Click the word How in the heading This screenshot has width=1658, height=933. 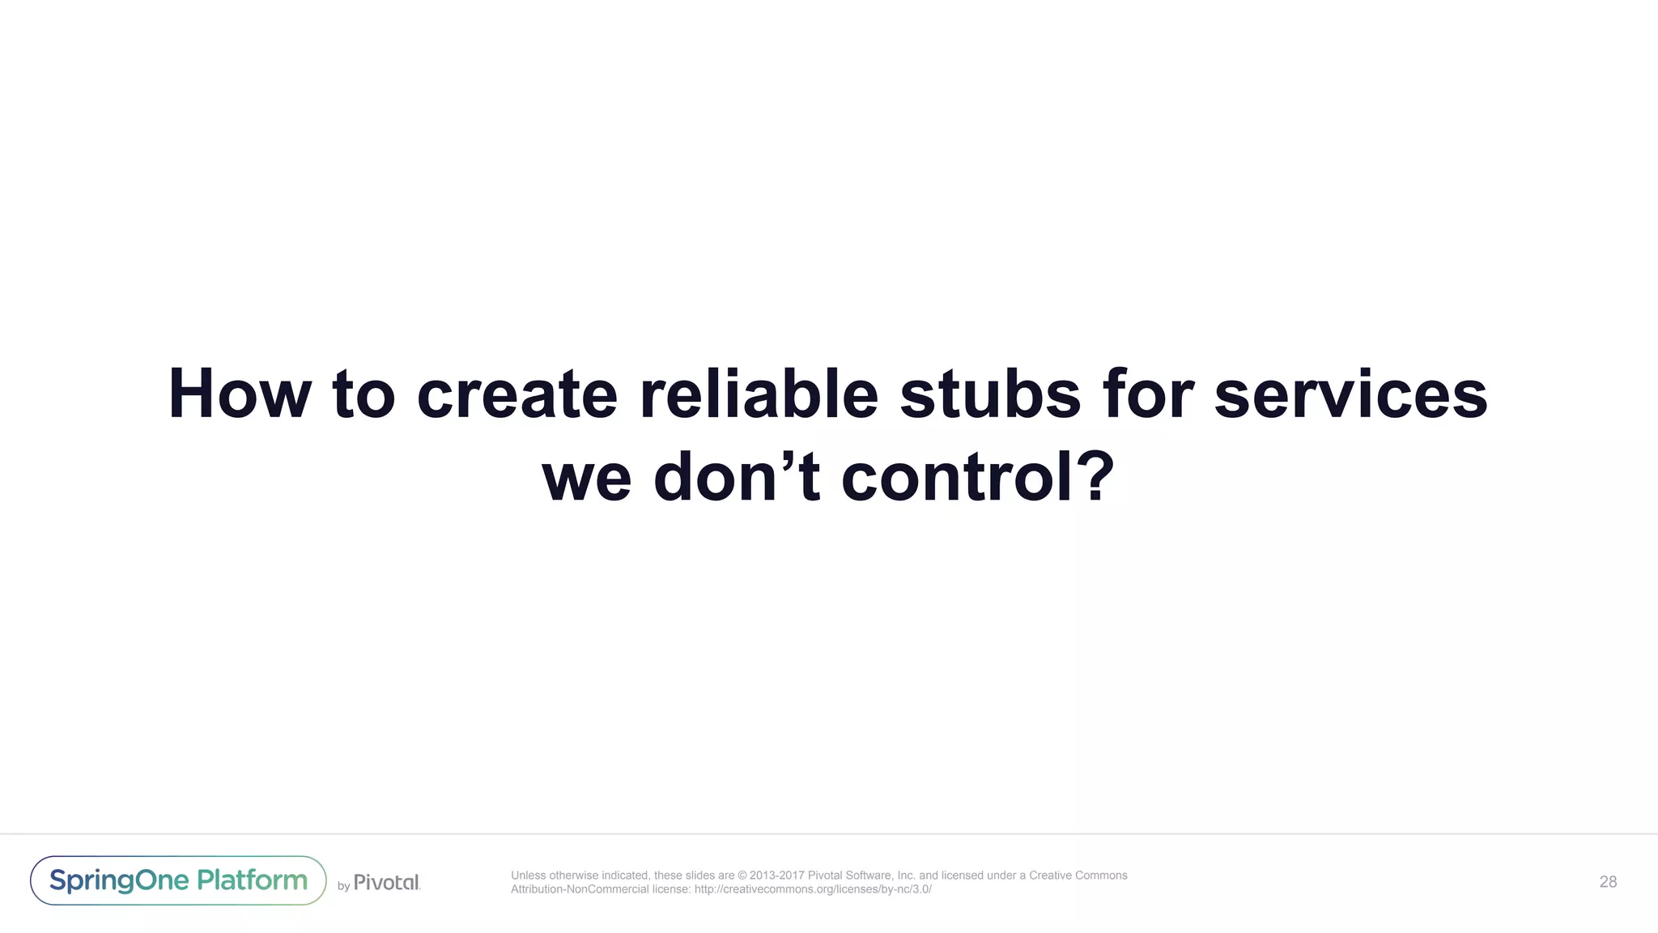pyautogui.click(x=239, y=394)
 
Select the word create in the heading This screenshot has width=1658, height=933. pyautogui.click(x=517, y=394)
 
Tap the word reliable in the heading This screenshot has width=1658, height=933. pyautogui.click(x=759, y=394)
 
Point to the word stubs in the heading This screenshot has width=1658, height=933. pyautogui.click(x=989, y=394)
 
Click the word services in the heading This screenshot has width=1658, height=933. pyautogui.click(x=1350, y=394)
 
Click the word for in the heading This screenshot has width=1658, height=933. pyautogui.click(x=1147, y=394)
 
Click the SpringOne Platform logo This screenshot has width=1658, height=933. pyautogui.click(x=178, y=880)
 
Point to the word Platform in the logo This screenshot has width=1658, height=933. pyautogui.click(x=253, y=880)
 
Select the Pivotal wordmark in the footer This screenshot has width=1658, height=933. pyautogui.click(x=387, y=882)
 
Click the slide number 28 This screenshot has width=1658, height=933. pyautogui.click(x=1608, y=882)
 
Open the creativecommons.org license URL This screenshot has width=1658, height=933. pyautogui.click(x=813, y=889)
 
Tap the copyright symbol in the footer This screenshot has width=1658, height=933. pyautogui.click(x=742, y=875)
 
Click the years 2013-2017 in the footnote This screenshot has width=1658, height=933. pyautogui.click(x=777, y=875)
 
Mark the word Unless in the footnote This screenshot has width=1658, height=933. pyautogui.click(x=528, y=875)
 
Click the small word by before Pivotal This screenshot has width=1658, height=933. pyautogui.click(x=343, y=886)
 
